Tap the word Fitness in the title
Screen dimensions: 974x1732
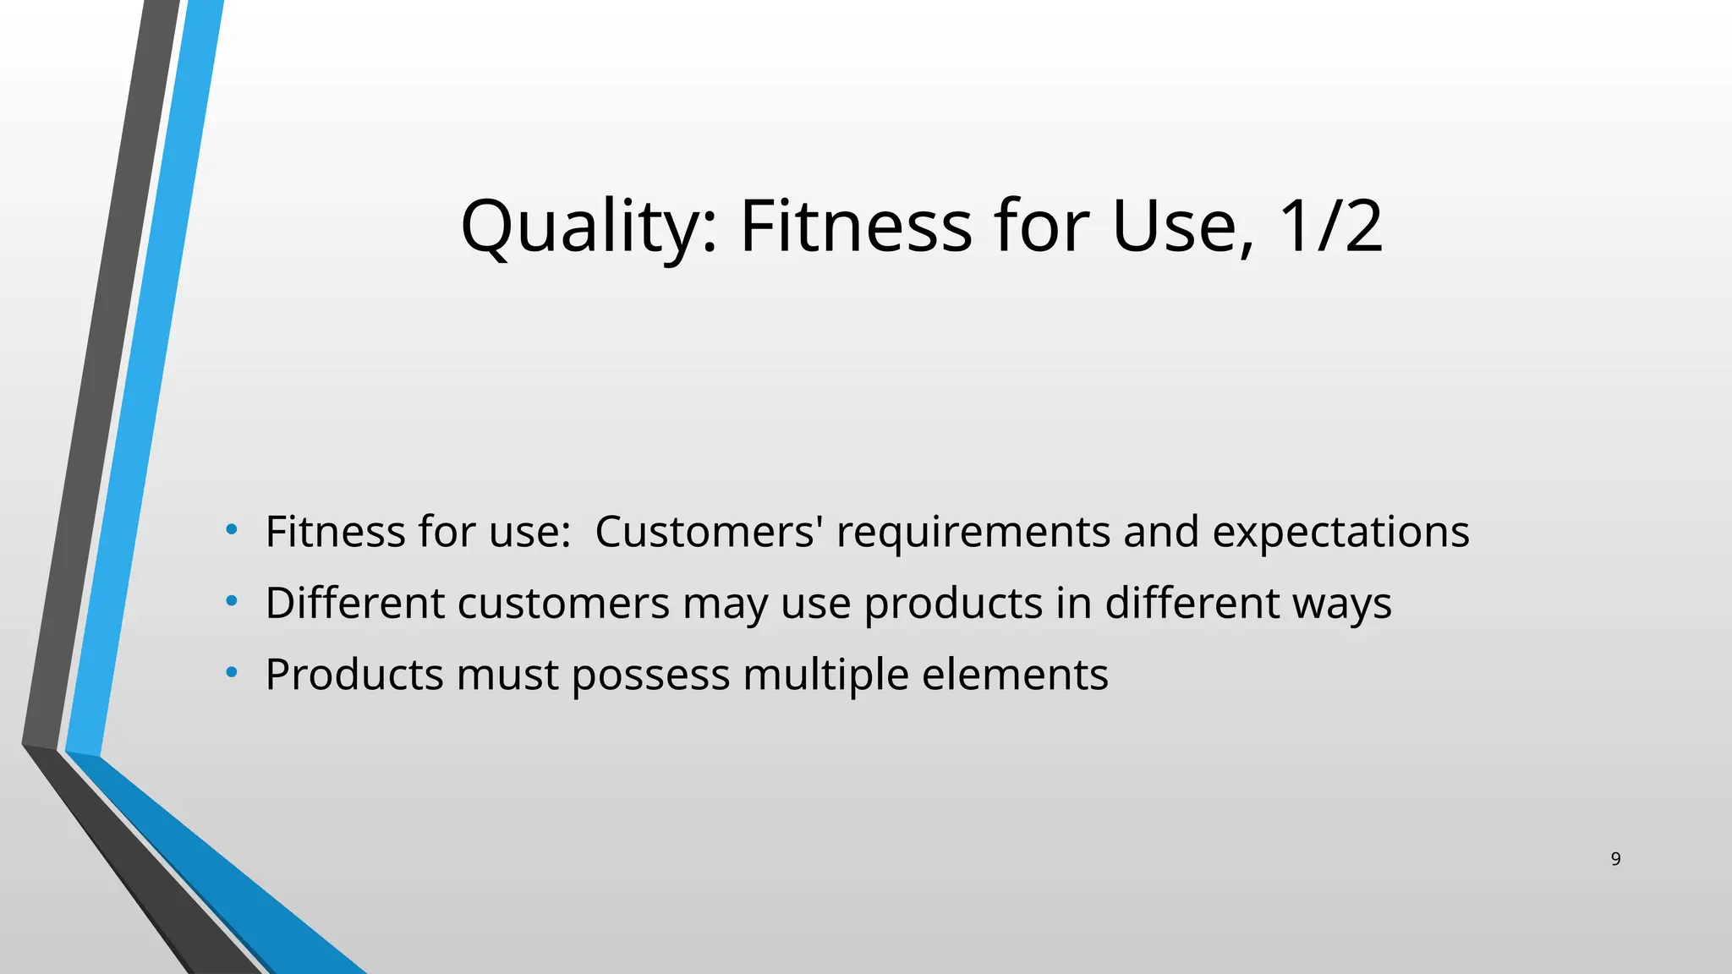(856, 227)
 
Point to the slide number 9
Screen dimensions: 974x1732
(1615, 859)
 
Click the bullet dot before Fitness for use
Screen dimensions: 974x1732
(232, 531)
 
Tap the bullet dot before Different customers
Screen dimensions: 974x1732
(232, 602)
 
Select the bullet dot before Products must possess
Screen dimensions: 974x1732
(232, 673)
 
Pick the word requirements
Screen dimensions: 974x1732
(973, 534)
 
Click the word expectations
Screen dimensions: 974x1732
(1340, 534)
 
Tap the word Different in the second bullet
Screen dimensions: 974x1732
(355, 603)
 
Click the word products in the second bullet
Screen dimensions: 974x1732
(953, 605)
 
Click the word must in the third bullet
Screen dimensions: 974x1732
(507, 676)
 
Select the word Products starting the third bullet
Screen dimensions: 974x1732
(354, 675)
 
